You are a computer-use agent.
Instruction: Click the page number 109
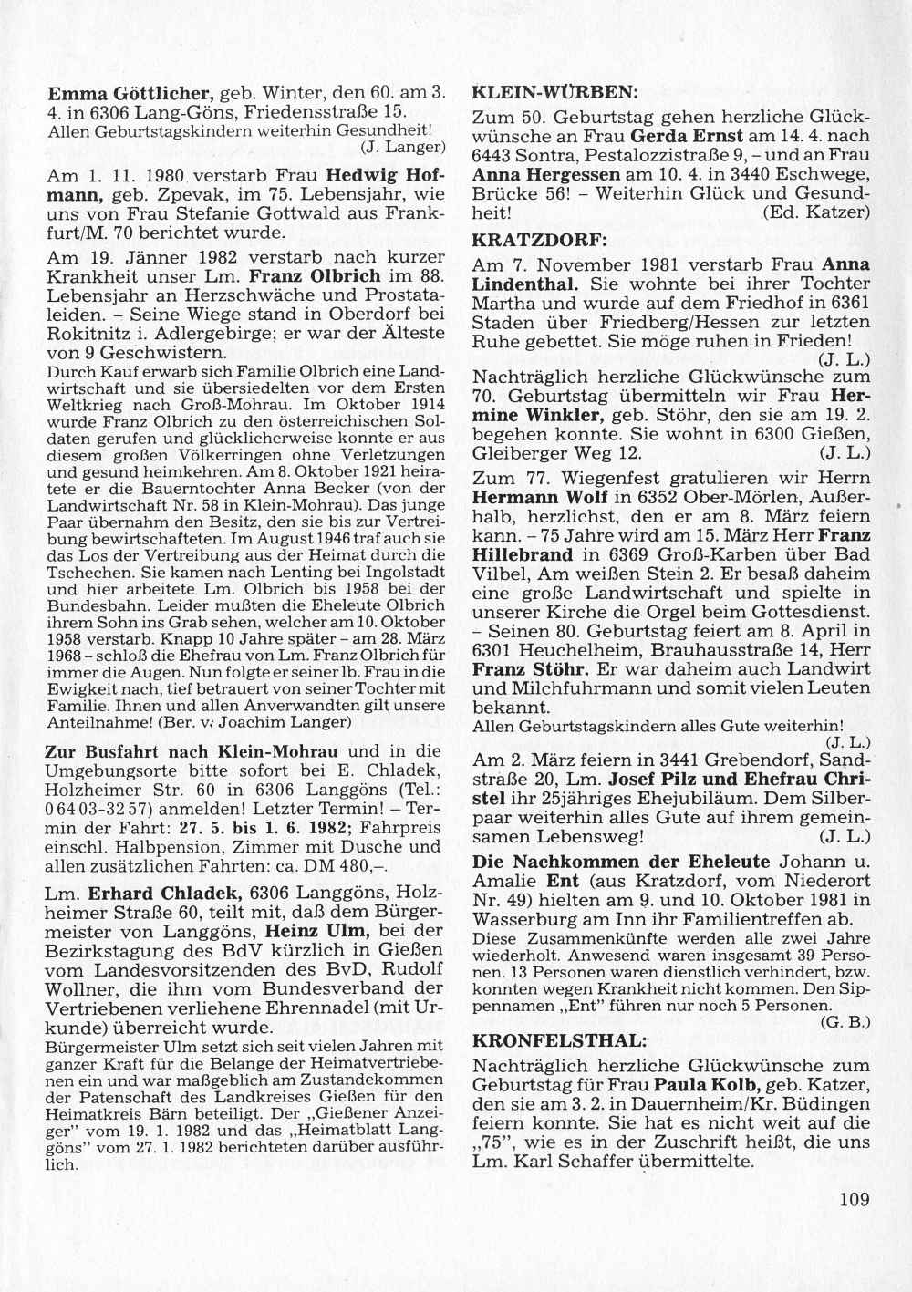pos(855,1200)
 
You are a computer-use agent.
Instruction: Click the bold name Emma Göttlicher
pos(130,93)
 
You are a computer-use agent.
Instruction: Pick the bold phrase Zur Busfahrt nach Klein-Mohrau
pos(192,751)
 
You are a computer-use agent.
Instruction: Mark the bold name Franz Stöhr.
pos(513,668)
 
